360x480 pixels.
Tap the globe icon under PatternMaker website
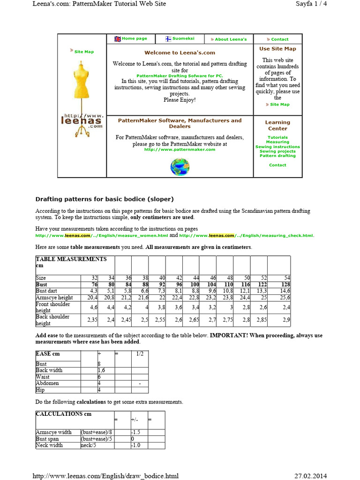click(180, 166)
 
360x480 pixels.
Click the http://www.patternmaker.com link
click(180, 150)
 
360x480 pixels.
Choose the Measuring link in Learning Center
click(277, 142)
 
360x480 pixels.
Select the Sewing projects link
click(277, 151)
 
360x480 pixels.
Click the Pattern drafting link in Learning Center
click(277, 156)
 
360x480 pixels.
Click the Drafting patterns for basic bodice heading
click(101, 199)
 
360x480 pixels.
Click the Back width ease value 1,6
click(101, 370)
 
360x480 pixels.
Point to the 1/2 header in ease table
click(139, 354)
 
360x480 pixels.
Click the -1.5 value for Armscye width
click(136, 432)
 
